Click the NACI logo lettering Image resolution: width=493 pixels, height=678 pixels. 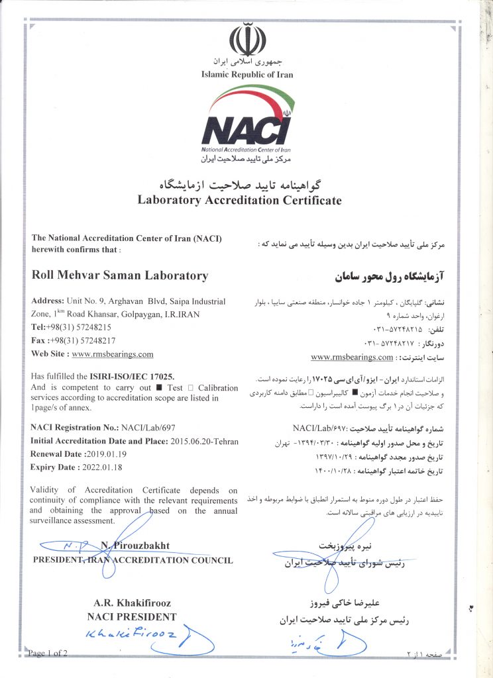[246, 129]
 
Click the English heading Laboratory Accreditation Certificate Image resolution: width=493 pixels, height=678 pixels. [239, 199]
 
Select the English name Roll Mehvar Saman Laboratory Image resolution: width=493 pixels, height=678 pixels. [119, 275]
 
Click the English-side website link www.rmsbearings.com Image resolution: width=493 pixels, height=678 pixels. [112, 354]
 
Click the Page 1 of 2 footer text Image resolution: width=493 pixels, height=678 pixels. [48, 654]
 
